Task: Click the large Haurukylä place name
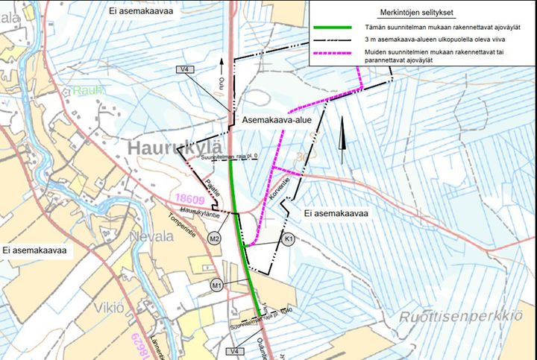coord(176,148)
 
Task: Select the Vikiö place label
coord(108,308)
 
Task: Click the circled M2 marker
coord(214,239)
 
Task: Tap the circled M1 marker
coord(217,284)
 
